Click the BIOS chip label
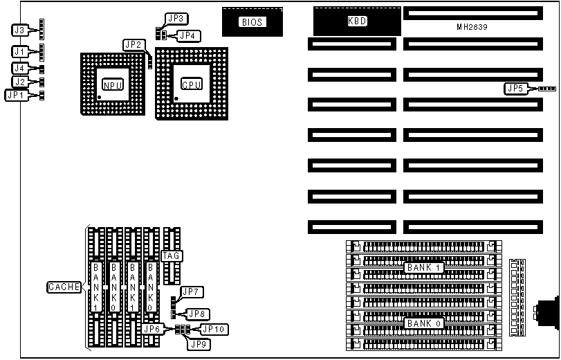point(252,22)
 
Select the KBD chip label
point(357,21)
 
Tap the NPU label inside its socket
point(113,84)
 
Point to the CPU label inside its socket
point(192,84)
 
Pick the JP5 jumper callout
point(516,89)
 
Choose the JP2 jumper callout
point(134,45)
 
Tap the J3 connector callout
point(20,30)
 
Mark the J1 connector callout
point(20,51)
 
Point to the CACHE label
point(64,287)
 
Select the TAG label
point(171,255)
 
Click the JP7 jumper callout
point(190,291)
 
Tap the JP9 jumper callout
point(199,344)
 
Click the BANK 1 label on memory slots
point(423,267)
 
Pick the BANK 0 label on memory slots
point(423,323)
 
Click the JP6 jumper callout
point(154,329)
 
